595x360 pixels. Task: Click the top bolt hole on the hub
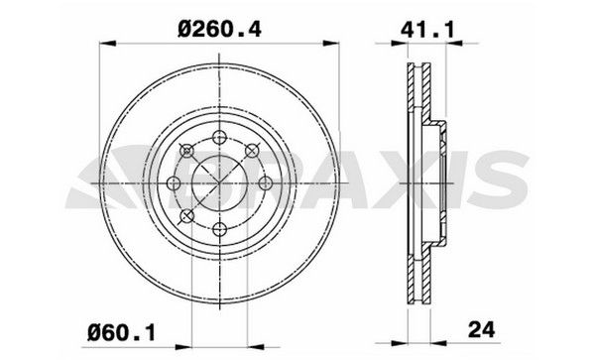pos(220,138)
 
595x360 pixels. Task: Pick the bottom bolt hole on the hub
pos(220,229)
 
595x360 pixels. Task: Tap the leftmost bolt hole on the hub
pos(175,183)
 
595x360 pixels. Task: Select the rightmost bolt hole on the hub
pos(266,183)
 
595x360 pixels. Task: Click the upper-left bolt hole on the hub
pos(187,151)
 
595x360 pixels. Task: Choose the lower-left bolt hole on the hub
pos(187,216)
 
